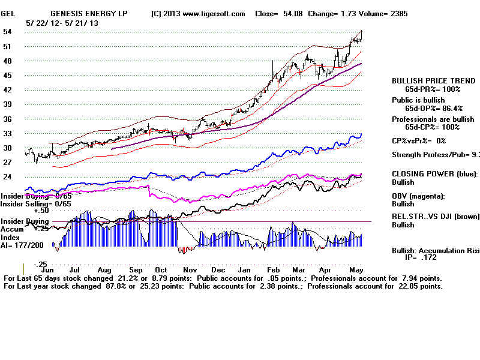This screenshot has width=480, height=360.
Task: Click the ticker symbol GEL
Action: click(8, 14)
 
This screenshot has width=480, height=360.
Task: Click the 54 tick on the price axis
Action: click(8, 32)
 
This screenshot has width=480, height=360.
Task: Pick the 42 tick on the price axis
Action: click(8, 90)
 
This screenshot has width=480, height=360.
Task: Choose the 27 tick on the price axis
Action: click(8, 163)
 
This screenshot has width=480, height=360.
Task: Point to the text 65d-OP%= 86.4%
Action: click(434, 109)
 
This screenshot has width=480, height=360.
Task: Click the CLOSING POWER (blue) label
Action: click(434, 173)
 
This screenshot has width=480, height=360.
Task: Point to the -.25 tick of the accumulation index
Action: click(40, 265)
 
